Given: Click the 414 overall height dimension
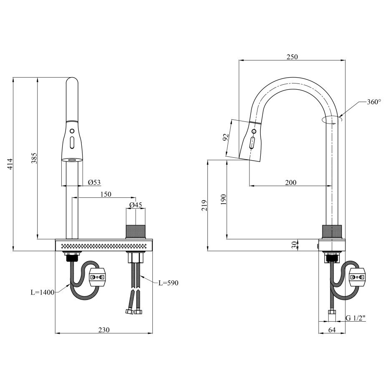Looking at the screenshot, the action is tap(10, 164).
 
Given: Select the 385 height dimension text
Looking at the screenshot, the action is tap(34, 158).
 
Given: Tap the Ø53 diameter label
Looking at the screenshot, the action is tap(95, 182).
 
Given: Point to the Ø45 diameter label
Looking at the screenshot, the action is tap(136, 205).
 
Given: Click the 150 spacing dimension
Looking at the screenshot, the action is tap(106, 194).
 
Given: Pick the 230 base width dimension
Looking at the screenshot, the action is tap(104, 330).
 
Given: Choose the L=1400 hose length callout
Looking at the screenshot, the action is tap(42, 292).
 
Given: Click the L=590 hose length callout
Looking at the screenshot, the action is tap(169, 283).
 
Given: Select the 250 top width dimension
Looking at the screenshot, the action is tap(292, 57).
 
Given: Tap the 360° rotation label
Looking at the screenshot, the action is tap(374, 102).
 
